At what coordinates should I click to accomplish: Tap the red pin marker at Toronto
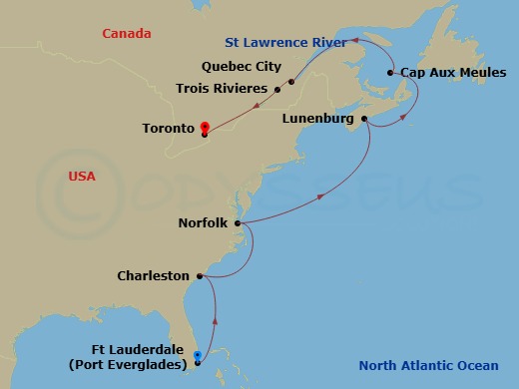coord(204,128)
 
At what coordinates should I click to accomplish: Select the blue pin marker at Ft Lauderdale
coord(197,355)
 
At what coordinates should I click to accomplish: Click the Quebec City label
coord(241,68)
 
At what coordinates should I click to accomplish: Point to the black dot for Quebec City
coord(291,82)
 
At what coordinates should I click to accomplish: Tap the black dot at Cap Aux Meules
coord(391,73)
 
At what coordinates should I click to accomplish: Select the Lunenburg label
coord(318,119)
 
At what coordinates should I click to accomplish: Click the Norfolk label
coord(204,223)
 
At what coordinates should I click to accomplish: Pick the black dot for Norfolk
coord(238,223)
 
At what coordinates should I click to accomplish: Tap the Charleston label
coord(153,275)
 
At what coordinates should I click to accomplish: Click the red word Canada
coord(126,34)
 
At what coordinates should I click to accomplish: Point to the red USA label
coord(82,177)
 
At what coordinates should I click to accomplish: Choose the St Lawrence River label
coord(285,43)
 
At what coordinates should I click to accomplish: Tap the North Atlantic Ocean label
coord(432,365)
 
